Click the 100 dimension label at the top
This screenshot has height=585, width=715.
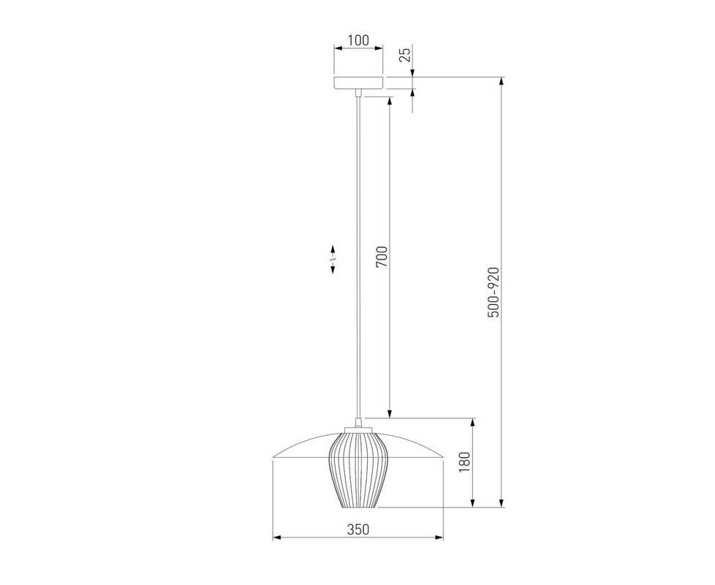pos(358,40)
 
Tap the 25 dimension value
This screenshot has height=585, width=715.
pos(405,54)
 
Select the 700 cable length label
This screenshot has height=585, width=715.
pos(382,257)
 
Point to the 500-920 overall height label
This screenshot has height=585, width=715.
pos(493,292)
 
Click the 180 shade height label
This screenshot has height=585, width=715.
pos(464,462)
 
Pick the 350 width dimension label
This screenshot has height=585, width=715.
pos(358,529)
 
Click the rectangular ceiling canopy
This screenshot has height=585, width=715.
pos(358,83)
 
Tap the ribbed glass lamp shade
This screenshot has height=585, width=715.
pos(358,470)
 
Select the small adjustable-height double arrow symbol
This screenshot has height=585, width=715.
pos(333,260)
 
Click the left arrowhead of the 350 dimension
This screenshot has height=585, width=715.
pos(276,538)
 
